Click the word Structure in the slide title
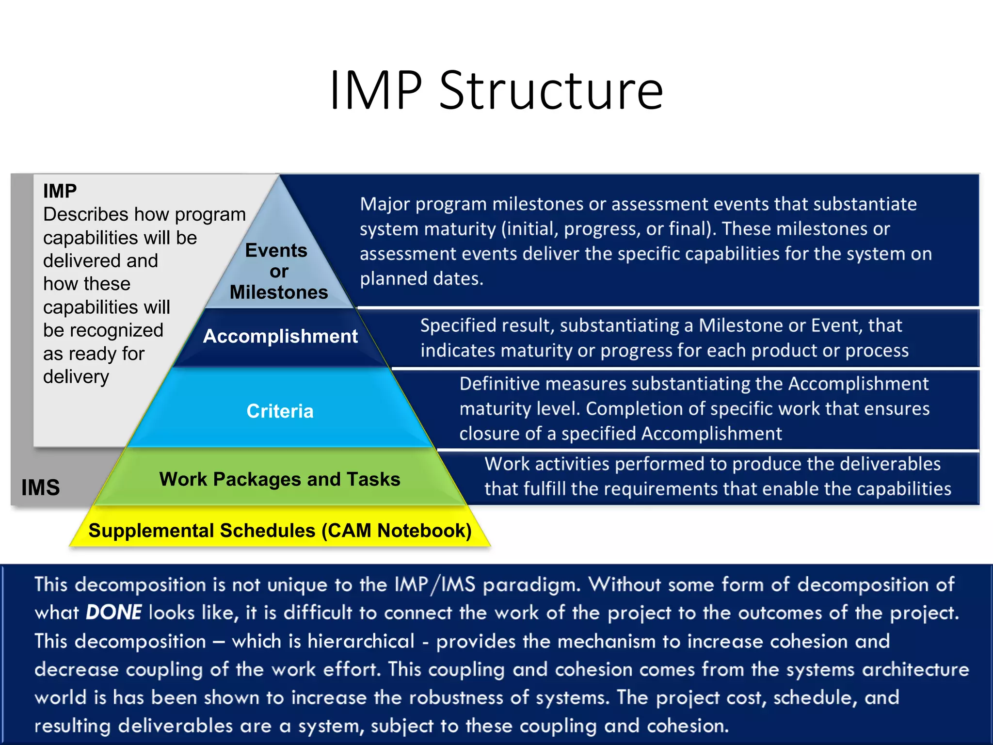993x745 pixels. (551, 90)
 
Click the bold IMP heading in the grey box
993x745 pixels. (60, 191)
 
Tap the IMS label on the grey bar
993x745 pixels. (40, 487)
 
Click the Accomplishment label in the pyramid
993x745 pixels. (280, 336)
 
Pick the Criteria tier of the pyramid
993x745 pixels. (280, 411)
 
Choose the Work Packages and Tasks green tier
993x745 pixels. (280, 479)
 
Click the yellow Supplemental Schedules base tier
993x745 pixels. (280, 530)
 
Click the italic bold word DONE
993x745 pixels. (113, 612)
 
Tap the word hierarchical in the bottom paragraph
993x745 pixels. (361, 641)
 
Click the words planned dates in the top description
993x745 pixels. (421, 278)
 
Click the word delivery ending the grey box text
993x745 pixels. (76, 377)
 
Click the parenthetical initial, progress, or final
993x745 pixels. (608, 228)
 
